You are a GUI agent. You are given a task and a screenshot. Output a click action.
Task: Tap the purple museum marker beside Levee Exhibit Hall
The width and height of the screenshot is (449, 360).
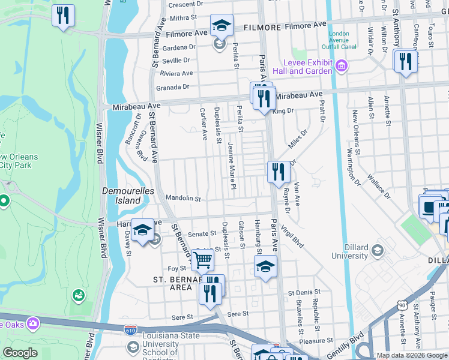342,65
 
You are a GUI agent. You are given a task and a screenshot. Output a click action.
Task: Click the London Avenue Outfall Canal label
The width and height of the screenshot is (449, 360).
339,40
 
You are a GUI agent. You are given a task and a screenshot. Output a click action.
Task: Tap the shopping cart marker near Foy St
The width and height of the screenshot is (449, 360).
202,260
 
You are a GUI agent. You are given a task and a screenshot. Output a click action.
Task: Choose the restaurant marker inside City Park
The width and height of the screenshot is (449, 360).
63,16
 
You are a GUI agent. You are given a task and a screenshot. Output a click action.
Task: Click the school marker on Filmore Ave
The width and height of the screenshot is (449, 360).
221,26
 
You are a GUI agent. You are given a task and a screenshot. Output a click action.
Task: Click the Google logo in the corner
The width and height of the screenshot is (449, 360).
20,353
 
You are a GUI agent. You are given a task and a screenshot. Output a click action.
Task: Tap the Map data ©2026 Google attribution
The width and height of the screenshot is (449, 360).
412,355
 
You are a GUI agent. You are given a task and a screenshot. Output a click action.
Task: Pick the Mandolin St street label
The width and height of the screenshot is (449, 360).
182,198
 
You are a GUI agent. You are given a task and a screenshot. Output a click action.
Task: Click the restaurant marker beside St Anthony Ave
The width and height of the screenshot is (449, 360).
405,61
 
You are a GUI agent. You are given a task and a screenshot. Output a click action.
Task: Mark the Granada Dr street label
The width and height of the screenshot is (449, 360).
172,87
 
